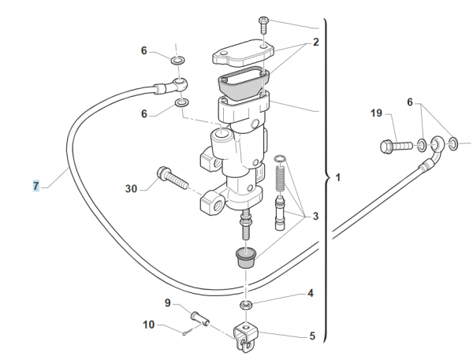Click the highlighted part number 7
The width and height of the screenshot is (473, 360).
[x=35, y=186]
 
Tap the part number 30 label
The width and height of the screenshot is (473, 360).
[x=132, y=188]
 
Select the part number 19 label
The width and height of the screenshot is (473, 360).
[x=377, y=113]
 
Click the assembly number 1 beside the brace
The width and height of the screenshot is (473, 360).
[x=338, y=178]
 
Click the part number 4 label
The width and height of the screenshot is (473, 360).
[x=311, y=293]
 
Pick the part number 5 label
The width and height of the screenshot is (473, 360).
[x=311, y=336]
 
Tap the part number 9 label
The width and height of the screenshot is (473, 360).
[x=168, y=302]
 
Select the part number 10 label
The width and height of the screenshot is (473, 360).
[x=149, y=324]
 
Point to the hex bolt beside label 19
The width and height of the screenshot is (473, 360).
[x=393, y=145]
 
